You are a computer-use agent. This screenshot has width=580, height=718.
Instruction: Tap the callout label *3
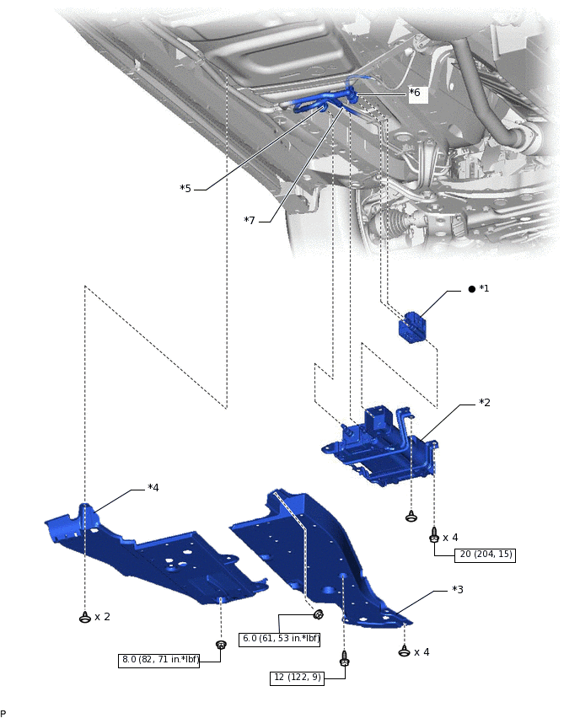(x=458, y=589)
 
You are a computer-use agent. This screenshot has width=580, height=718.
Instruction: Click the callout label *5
(x=185, y=189)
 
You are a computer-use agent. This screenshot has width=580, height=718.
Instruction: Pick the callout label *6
(x=415, y=93)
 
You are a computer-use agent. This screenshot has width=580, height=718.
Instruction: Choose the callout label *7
(x=250, y=221)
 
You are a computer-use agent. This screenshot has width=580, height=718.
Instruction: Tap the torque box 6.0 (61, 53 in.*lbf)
(x=281, y=638)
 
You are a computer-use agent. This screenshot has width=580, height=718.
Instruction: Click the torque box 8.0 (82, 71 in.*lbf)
(x=159, y=660)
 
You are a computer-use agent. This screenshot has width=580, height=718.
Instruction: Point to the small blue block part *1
(x=412, y=328)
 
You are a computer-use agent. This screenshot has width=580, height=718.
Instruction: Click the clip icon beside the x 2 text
(x=85, y=618)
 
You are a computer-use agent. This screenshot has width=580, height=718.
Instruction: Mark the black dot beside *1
(x=471, y=289)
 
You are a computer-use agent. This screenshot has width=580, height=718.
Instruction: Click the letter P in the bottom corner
(x=3, y=713)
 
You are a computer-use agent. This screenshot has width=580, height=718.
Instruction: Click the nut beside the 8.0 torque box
(x=221, y=646)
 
